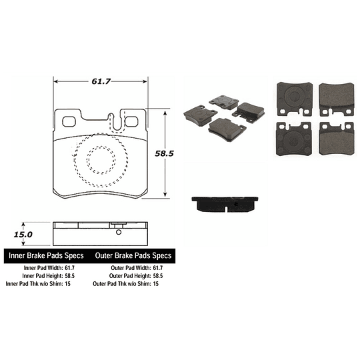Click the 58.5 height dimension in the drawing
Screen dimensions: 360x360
[x=164, y=153]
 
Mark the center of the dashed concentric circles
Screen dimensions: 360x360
[x=93, y=161]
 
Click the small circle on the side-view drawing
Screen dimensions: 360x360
[x=118, y=233]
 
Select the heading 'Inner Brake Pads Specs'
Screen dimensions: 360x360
[x=45, y=256]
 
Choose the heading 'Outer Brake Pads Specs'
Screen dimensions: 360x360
[x=133, y=256]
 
